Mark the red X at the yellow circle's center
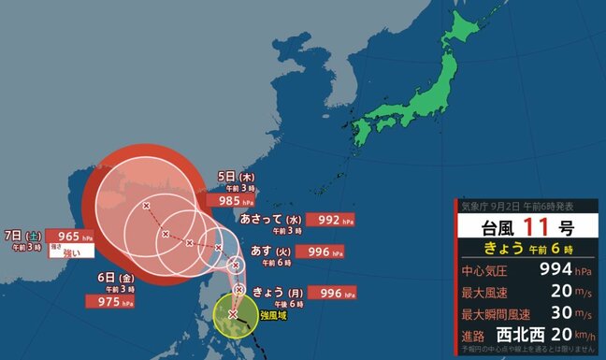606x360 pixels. point(232,313)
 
